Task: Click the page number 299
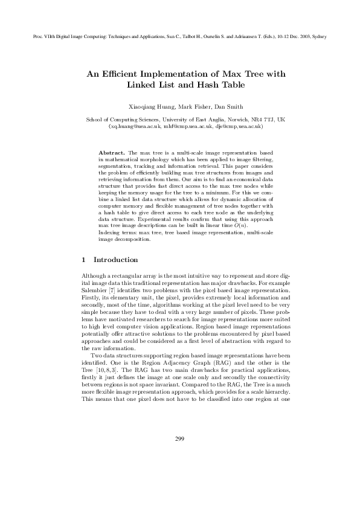(x=179, y=472)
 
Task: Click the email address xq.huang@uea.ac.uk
(x=132, y=127)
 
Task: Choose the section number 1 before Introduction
(x=83, y=260)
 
